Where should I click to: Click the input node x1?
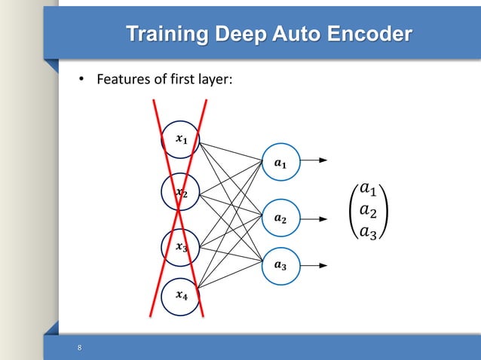coord(180,139)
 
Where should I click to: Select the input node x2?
coord(181,194)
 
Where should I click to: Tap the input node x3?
coord(181,247)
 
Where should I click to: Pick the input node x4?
coord(181,296)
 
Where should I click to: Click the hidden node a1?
coord(280,161)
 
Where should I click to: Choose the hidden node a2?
coord(280,219)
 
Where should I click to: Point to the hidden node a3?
coord(280,265)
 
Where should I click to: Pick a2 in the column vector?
coord(369,209)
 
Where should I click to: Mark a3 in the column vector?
coord(369,232)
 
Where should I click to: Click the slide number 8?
coord(78,347)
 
